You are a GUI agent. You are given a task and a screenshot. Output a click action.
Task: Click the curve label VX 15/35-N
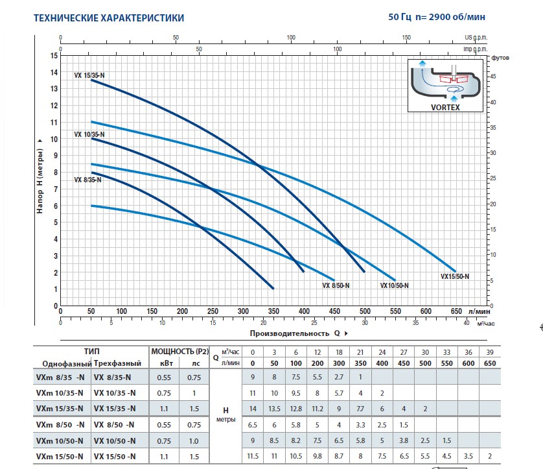(x=89, y=75)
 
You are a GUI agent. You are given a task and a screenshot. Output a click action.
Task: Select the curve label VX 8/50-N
(x=336, y=285)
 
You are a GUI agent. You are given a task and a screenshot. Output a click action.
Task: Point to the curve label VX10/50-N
(x=397, y=285)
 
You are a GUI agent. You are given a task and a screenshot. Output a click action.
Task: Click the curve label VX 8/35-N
(x=87, y=180)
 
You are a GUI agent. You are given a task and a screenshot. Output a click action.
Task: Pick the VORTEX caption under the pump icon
(x=445, y=107)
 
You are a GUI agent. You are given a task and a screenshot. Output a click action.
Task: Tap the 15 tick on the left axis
(x=54, y=55)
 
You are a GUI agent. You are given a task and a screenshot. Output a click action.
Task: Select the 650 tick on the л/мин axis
(x=456, y=311)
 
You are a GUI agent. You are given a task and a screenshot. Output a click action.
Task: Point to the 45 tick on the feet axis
(x=494, y=77)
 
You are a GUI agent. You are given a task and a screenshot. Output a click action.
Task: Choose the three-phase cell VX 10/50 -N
(x=115, y=440)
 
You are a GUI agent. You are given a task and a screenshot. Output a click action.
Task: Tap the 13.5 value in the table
(x=275, y=408)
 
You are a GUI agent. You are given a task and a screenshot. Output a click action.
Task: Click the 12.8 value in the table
(x=296, y=408)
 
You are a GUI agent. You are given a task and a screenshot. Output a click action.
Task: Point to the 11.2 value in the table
(x=318, y=408)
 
